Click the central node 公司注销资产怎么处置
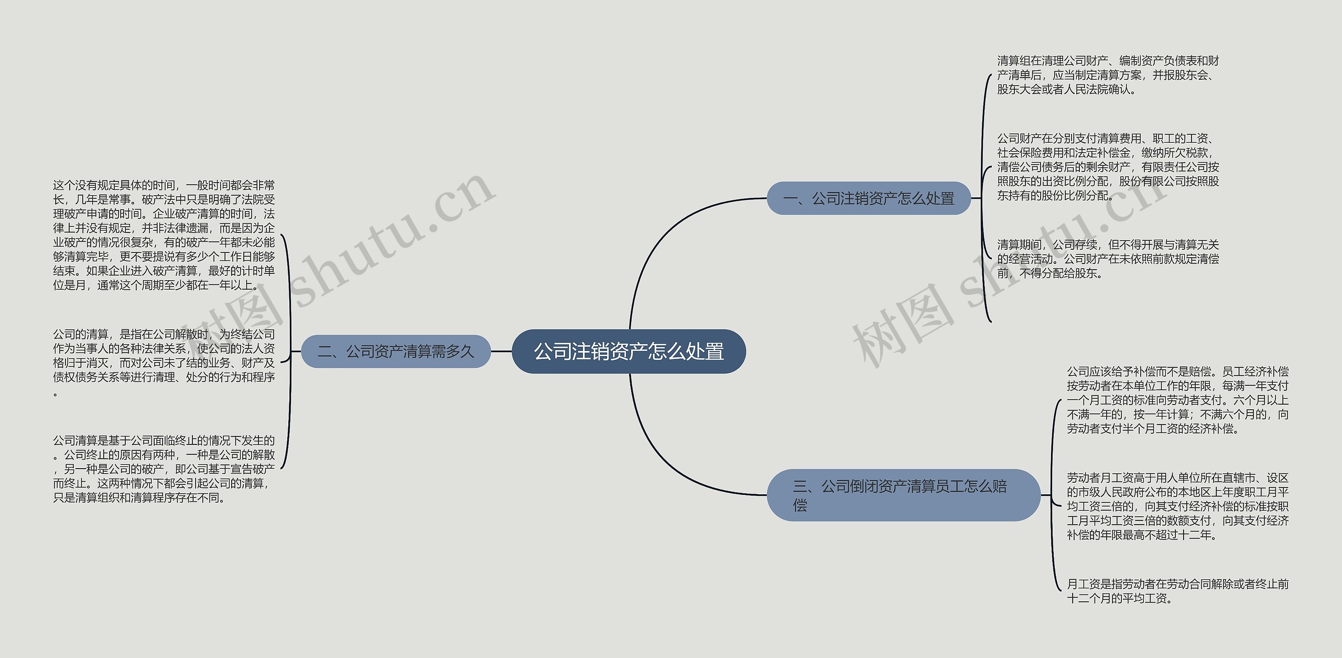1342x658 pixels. click(629, 352)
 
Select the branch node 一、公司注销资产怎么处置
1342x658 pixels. click(869, 198)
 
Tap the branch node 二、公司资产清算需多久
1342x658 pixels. click(396, 352)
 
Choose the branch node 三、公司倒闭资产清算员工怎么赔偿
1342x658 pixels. click(903, 495)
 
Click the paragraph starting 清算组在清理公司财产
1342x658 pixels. click(1108, 75)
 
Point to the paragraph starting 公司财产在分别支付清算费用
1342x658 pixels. click(1108, 167)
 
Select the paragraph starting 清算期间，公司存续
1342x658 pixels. click(1108, 259)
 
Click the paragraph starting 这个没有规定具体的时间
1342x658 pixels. click(164, 235)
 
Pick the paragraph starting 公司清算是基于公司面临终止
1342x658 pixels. click(164, 469)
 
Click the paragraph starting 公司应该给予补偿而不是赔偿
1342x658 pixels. click(1177, 400)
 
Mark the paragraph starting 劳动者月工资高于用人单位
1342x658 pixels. click(1177, 506)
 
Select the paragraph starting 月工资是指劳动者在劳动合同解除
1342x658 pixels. click(1177, 591)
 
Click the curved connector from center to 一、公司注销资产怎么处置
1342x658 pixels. click(661, 236)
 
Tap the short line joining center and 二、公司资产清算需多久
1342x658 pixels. click(501, 352)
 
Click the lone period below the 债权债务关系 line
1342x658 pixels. click(56, 393)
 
